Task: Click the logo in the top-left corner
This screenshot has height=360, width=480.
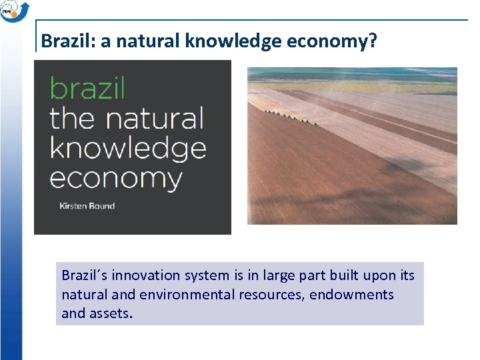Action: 14,11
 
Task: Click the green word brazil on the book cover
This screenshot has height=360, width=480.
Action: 87,88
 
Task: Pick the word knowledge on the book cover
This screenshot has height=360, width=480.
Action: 128,149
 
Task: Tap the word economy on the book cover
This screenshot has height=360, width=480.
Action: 116,178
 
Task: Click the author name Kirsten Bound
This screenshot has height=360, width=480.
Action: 87,205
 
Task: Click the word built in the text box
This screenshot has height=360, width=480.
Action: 341,275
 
